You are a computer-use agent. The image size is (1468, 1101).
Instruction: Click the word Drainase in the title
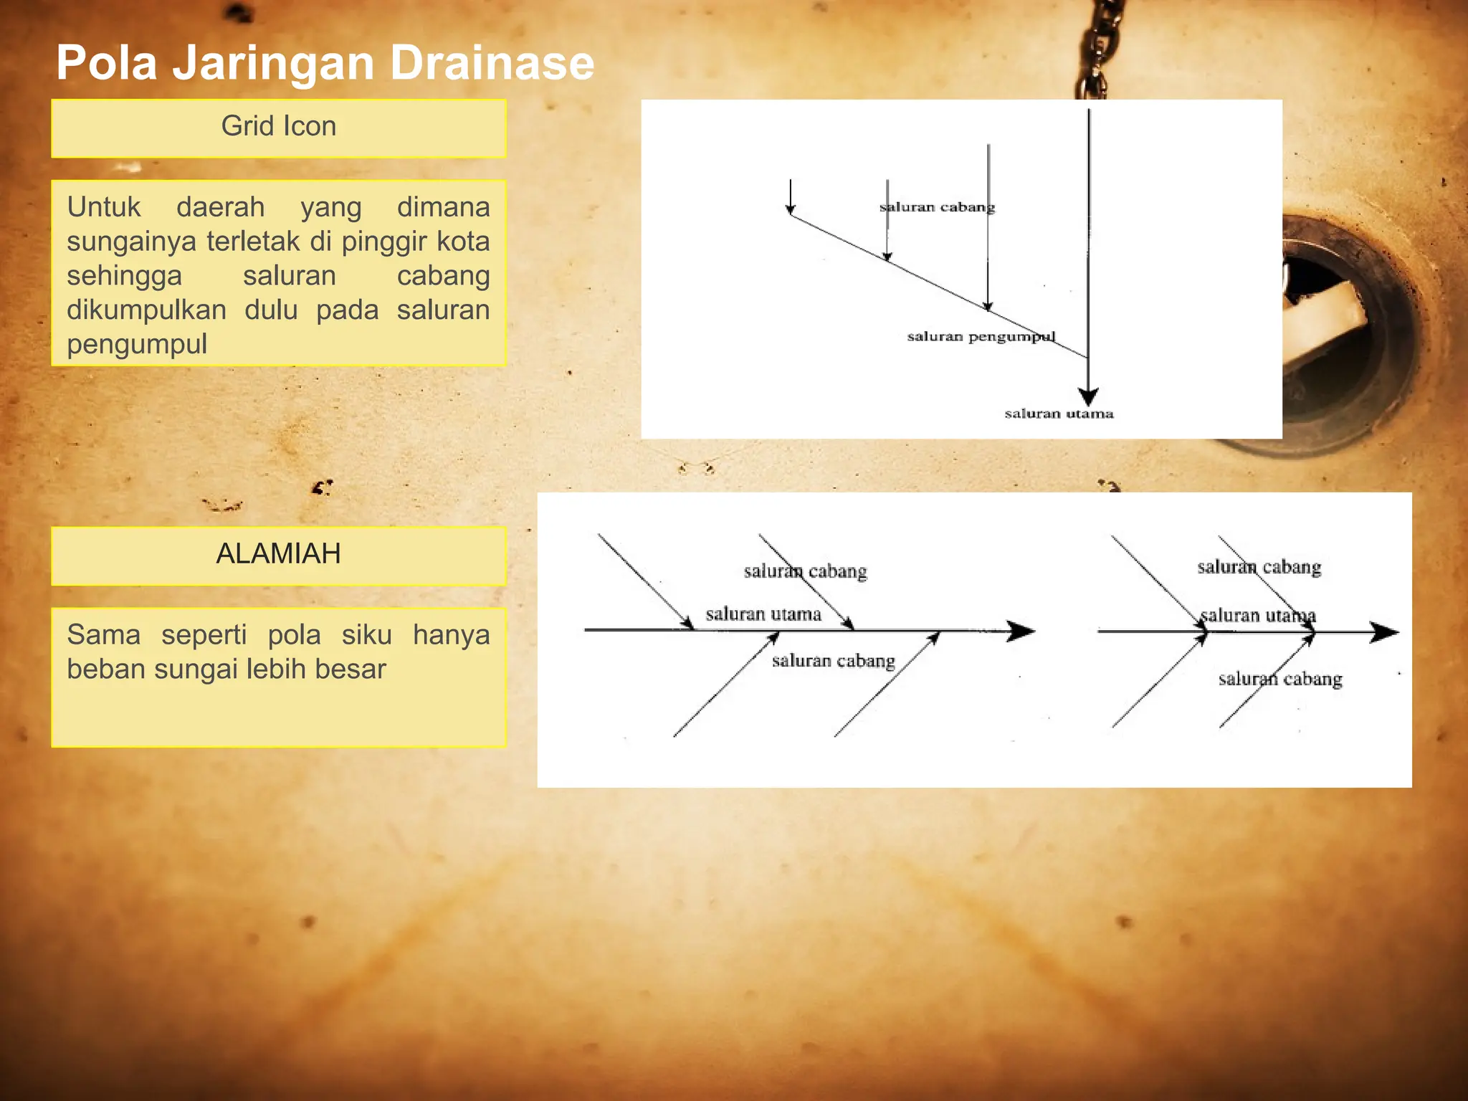[492, 63]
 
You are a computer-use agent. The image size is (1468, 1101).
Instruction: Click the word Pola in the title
[107, 63]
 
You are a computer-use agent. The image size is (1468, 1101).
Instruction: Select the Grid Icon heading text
[278, 126]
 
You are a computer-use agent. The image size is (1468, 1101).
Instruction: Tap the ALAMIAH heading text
[278, 554]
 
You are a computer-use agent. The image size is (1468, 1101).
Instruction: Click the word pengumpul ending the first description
[137, 344]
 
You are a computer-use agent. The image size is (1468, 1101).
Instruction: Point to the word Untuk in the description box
[104, 207]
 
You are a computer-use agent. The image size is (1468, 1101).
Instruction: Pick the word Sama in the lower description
[103, 635]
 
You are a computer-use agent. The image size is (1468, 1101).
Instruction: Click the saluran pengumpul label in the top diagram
[981, 336]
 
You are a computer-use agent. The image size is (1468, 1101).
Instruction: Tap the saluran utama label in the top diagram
[1059, 414]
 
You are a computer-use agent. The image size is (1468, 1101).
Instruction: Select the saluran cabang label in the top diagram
[937, 207]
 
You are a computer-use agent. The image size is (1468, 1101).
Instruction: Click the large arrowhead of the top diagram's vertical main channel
[1088, 396]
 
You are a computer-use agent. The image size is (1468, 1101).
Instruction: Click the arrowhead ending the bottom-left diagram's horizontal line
[1021, 631]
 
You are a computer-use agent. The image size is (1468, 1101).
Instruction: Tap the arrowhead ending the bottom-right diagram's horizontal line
[1384, 633]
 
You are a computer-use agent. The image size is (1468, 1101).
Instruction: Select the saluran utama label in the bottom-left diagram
[763, 614]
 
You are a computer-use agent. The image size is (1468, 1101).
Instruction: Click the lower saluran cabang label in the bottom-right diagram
[1280, 679]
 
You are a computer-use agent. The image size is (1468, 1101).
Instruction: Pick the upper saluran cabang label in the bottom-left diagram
[805, 571]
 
